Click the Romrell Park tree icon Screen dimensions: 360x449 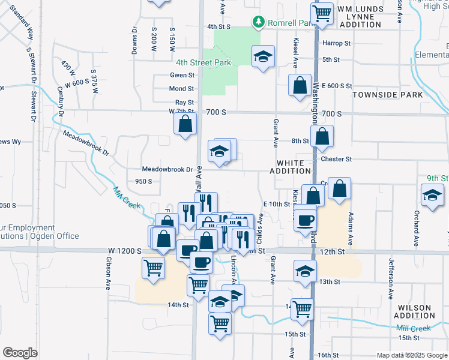click(259, 23)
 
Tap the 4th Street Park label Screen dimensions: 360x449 click(203, 62)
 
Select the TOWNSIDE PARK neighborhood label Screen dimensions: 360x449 click(388, 95)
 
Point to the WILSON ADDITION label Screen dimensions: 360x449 click(414, 311)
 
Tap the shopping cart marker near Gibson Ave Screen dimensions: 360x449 click(154, 269)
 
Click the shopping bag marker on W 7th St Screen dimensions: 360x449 click(185, 125)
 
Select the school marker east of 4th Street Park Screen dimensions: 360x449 click(263, 57)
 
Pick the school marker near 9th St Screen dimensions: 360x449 click(432, 196)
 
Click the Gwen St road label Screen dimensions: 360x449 click(182, 76)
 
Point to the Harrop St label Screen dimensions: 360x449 click(336, 43)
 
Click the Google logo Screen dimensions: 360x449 click(20, 353)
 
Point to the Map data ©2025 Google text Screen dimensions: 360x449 click(411, 355)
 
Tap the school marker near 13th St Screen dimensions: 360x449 click(305, 271)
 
